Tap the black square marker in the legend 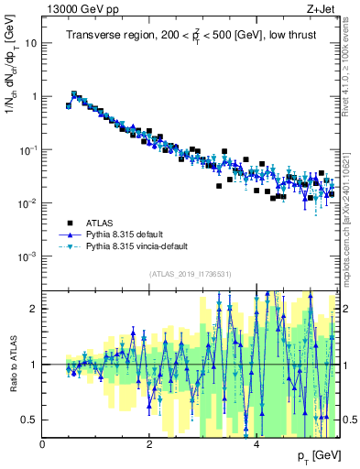(69, 222)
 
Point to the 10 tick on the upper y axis (31, 43)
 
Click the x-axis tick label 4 (257, 445)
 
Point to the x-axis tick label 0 (43, 445)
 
